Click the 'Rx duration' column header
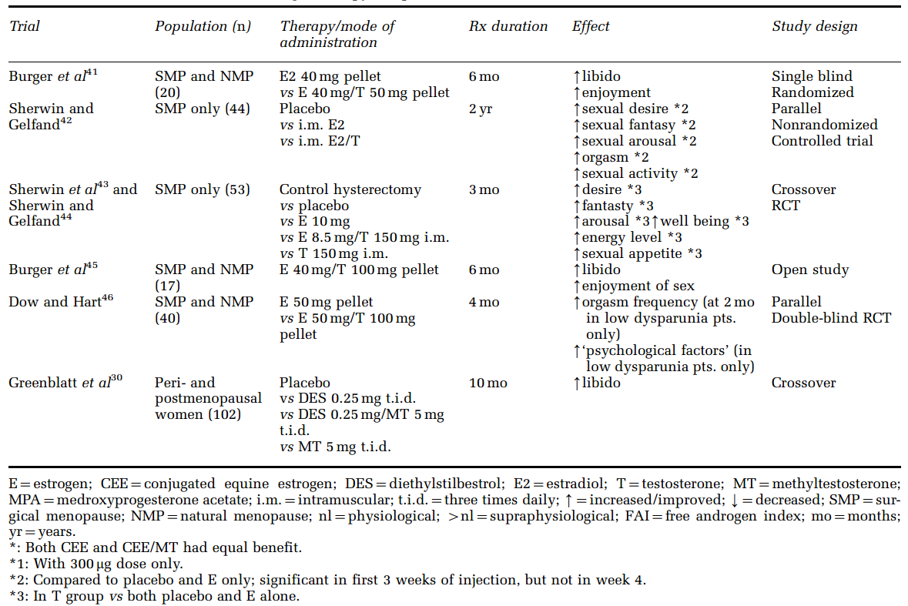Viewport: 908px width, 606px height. click(508, 26)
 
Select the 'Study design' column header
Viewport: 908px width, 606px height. click(814, 26)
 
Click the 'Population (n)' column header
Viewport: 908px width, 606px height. click(203, 26)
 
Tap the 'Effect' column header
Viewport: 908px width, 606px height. click(591, 26)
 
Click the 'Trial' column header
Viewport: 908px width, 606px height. click(25, 26)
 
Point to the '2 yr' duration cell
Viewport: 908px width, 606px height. click(481, 109)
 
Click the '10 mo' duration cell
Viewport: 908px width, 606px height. click(487, 383)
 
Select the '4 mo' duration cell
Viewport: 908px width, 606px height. click(484, 302)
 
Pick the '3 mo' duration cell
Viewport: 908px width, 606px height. click(484, 189)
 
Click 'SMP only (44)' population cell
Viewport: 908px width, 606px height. click(203, 109)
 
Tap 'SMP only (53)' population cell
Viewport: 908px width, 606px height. click(203, 189)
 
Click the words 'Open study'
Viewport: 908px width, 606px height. click(810, 270)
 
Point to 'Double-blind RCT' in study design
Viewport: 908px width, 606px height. click(831, 318)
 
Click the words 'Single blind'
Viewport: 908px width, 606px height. click(812, 76)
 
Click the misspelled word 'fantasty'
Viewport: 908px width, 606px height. click(608, 206)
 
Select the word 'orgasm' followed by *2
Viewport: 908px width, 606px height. click(605, 157)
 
